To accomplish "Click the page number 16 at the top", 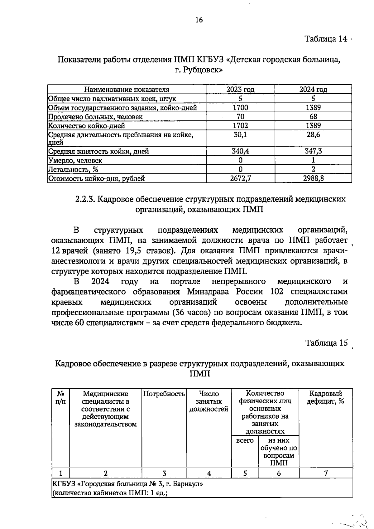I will click(x=199, y=20).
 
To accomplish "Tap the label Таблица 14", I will click(x=326, y=39).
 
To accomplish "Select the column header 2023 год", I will click(x=240, y=90).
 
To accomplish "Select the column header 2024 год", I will click(x=313, y=90).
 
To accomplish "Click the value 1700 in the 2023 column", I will click(x=240, y=108).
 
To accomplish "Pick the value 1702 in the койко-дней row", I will click(x=240, y=126).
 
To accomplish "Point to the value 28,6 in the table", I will click(x=313, y=135).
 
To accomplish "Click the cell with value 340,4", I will click(x=240, y=151).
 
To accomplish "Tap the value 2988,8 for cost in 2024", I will click(x=313, y=178).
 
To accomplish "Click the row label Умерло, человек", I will click(x=75, y=160).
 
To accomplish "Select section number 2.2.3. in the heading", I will click(x=85, y=199).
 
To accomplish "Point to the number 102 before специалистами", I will click(x=277, y=292).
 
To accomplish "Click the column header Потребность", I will click(x=164, y=394).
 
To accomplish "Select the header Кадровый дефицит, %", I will click(x=325, y=397).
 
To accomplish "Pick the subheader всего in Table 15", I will click(x=245, y=440).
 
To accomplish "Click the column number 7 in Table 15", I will click(x=326, y=473).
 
